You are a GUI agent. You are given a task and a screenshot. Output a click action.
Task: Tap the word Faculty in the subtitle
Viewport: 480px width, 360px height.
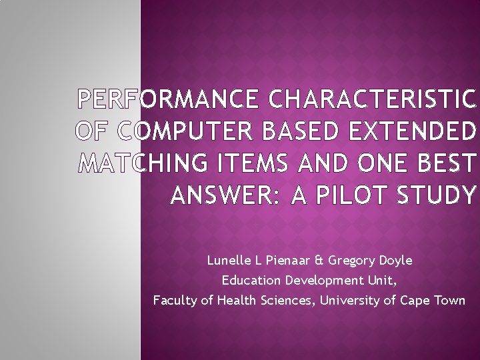175,300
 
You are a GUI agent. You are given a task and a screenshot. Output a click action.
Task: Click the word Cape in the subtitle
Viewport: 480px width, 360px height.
415,301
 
